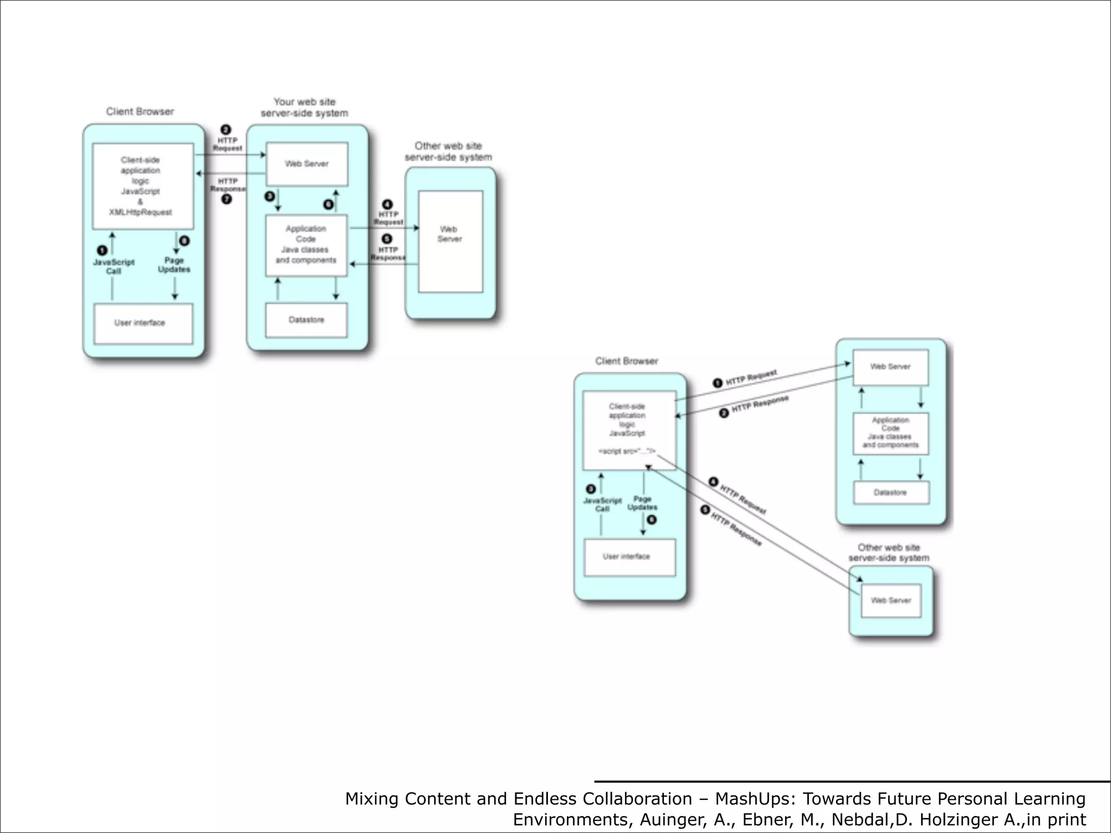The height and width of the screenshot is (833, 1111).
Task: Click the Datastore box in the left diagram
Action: [x=306, y=320]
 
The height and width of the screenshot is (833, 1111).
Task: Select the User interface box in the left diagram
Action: [x=143, y=323]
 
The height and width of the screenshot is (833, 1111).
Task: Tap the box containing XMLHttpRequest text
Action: [x=143, y=186]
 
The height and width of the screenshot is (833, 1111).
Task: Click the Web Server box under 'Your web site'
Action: [x=307, y=164]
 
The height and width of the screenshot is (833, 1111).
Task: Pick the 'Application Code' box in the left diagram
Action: [x=306, y=245]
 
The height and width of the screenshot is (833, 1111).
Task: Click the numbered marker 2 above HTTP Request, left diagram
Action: [x=226, y=130]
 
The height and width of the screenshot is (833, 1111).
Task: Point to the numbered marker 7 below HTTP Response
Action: [x=227, y=199]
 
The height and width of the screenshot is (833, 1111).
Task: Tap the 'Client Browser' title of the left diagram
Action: [x=140, y=112]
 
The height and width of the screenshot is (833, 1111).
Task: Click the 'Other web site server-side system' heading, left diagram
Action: [x=448, y=151]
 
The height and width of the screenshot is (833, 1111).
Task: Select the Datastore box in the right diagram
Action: [x=891, y=492]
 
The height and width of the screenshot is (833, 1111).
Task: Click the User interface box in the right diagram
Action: [x=629, y=557]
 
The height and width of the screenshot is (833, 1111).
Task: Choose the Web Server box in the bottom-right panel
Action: [x=891, y=600]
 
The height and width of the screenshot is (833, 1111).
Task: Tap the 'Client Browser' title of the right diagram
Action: [x=627, y=361]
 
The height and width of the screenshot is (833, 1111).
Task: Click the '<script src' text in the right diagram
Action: [x=627, y=451]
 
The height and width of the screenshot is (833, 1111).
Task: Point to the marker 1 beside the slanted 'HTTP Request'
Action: [x=717, y=383]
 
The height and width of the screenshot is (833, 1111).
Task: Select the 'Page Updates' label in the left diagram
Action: [x=174, y=265]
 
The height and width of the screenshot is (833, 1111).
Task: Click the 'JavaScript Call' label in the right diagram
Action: [x=602, y=504]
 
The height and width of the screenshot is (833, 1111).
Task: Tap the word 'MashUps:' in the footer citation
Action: [x=756, y=799]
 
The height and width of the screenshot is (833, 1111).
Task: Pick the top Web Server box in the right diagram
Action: [x=890, y=367]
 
